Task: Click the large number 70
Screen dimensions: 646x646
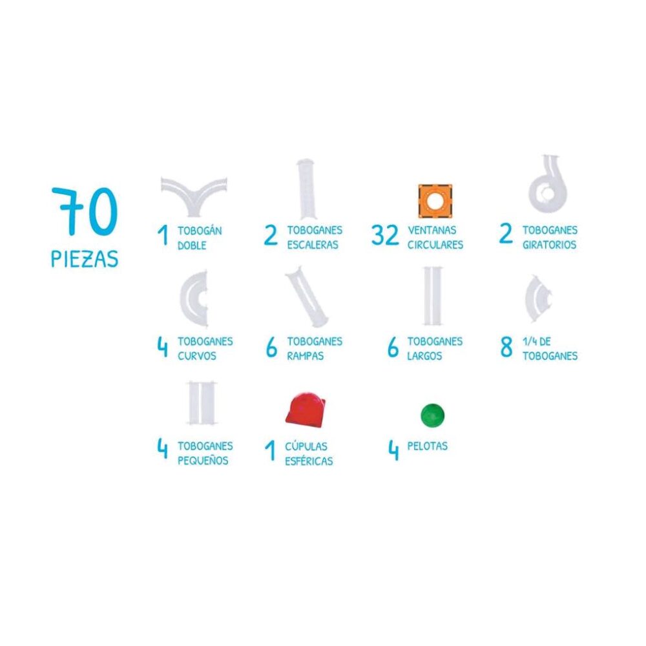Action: coord(85,211)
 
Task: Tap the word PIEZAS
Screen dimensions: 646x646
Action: coord(85,258)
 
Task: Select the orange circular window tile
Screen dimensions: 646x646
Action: coord(435,201)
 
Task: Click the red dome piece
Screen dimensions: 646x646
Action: coord(306,408)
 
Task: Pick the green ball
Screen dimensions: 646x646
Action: coord(432,415)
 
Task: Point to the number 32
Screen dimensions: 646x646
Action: coord(385,234)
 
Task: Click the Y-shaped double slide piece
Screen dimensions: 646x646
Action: coord(194,196)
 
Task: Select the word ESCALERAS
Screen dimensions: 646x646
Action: coord(313,245)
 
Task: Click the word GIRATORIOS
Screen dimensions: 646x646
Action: coord(549,245)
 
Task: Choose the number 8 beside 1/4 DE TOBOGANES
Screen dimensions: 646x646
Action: coord(506,346)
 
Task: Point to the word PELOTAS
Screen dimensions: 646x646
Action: coord(427,446)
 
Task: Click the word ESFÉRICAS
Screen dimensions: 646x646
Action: coord(309,461)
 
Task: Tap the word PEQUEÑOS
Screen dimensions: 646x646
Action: coord(203,460)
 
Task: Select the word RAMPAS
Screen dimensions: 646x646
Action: coord(306,355)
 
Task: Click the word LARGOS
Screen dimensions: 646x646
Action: coord(424,355)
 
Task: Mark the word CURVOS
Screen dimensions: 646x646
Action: coord(197,355)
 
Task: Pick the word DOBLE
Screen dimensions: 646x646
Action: coord(192,245)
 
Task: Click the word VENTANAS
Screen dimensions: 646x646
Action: coord(432,230)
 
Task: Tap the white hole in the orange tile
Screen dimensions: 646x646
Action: coord(435,201)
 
